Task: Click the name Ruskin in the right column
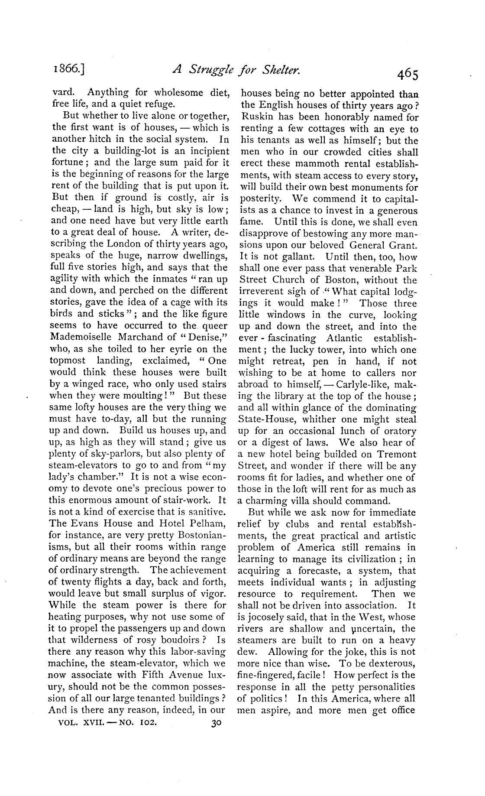(x=258, y=117)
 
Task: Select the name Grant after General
(x=404, y=245)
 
